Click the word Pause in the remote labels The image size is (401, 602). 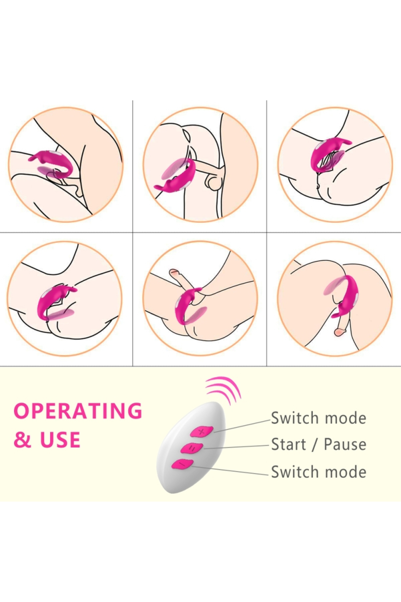click(x=345, y=444)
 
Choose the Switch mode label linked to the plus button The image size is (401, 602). click(x=318, y=418)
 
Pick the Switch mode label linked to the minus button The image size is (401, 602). click(x=318, y=472)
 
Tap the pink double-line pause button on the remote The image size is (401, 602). click(x=192, y=448)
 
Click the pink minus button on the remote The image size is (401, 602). click(x=182, y=464)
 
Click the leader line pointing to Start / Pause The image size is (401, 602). click(x=236, y=447)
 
